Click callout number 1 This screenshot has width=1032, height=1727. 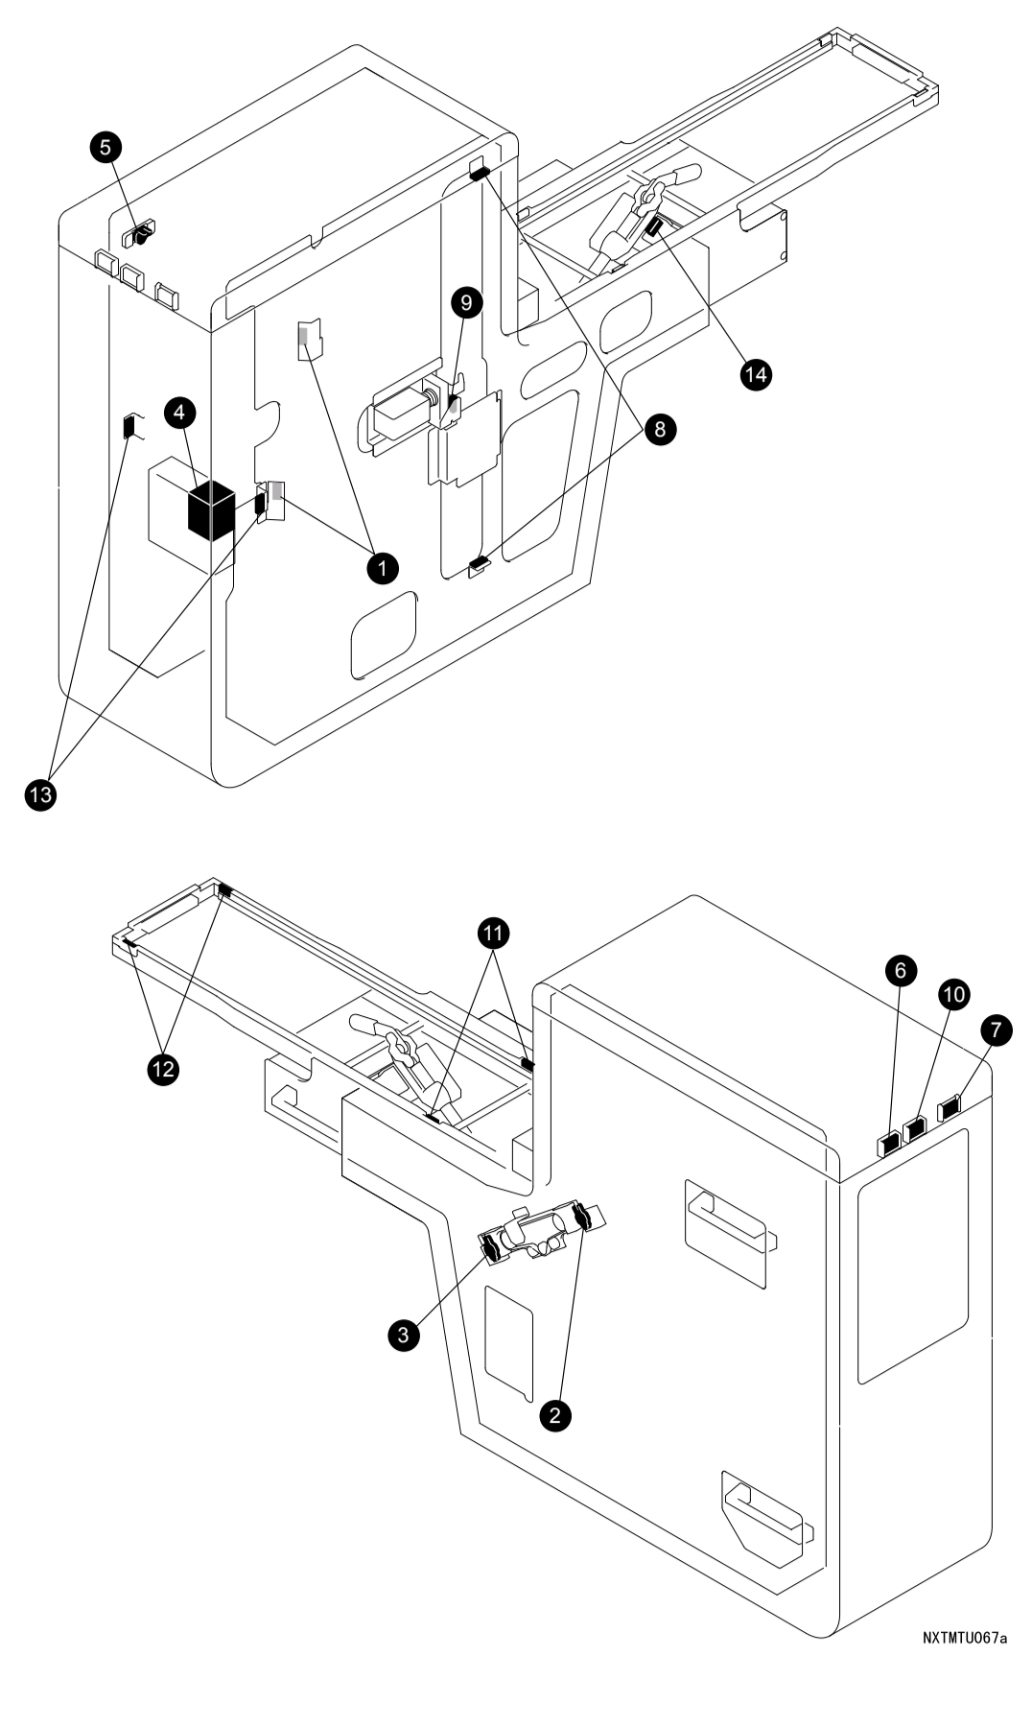click(x=382, y=567)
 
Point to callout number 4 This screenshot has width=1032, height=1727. click(x=181, y=413)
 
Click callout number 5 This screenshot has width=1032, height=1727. click(x=106, y=147)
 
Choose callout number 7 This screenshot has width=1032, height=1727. click(x=995, y=1030)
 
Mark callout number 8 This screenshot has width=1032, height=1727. click(x=659, y=429)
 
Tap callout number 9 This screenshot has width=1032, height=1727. click(x=466, y=303)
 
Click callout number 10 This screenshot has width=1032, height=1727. click(x=952, y=996)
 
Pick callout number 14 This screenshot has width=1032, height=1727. click(x=757, y=374)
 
